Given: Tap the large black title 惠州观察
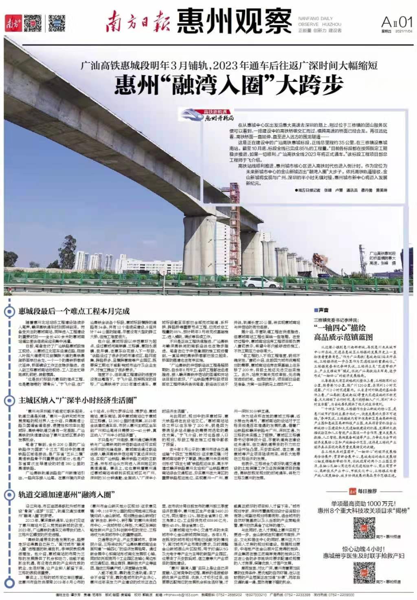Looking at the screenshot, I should click(x=234, y=22).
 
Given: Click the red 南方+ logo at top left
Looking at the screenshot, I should click(x=12, y=24).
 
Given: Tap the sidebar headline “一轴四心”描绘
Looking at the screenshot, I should click(x=340, y=327).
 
